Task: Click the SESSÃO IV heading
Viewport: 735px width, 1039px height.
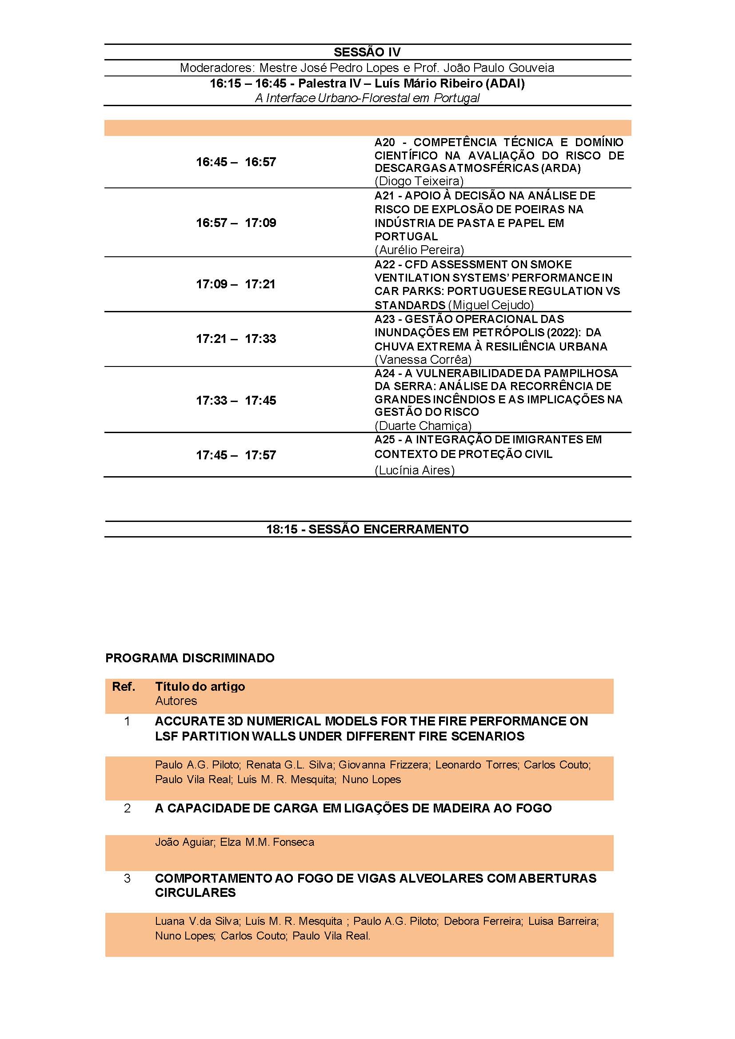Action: coord(367,52)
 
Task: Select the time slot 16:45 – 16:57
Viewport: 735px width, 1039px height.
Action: coord(236,162)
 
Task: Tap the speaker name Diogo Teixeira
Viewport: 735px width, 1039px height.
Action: coord(419,181)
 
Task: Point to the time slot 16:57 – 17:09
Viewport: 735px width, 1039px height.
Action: coord(236,223)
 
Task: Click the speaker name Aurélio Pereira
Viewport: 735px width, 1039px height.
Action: coord(419,250)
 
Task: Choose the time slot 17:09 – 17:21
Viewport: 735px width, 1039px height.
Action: coord(236,284)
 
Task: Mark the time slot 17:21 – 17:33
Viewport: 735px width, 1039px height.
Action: coord(236,339)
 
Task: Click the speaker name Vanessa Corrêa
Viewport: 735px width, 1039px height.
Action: coord(423,360)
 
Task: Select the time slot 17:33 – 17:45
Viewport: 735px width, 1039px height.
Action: coord(236,401)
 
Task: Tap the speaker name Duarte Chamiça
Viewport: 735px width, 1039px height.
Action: coord(423,426)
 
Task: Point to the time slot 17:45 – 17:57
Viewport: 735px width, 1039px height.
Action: coord(236,455)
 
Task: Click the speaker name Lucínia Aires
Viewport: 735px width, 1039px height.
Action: coord(414,470)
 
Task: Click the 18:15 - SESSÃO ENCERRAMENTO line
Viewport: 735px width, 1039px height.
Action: coord(367,529)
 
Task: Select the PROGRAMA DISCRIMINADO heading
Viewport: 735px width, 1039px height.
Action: coord(190,658)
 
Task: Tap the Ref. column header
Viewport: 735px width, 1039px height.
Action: coord(124,686)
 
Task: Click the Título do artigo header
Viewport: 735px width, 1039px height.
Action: coord(200,686)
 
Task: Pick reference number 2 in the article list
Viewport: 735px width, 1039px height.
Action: coord(127,808)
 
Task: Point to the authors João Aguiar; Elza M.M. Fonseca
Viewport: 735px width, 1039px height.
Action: coord(235,842)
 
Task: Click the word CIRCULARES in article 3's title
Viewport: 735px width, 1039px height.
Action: coord(195,893)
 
